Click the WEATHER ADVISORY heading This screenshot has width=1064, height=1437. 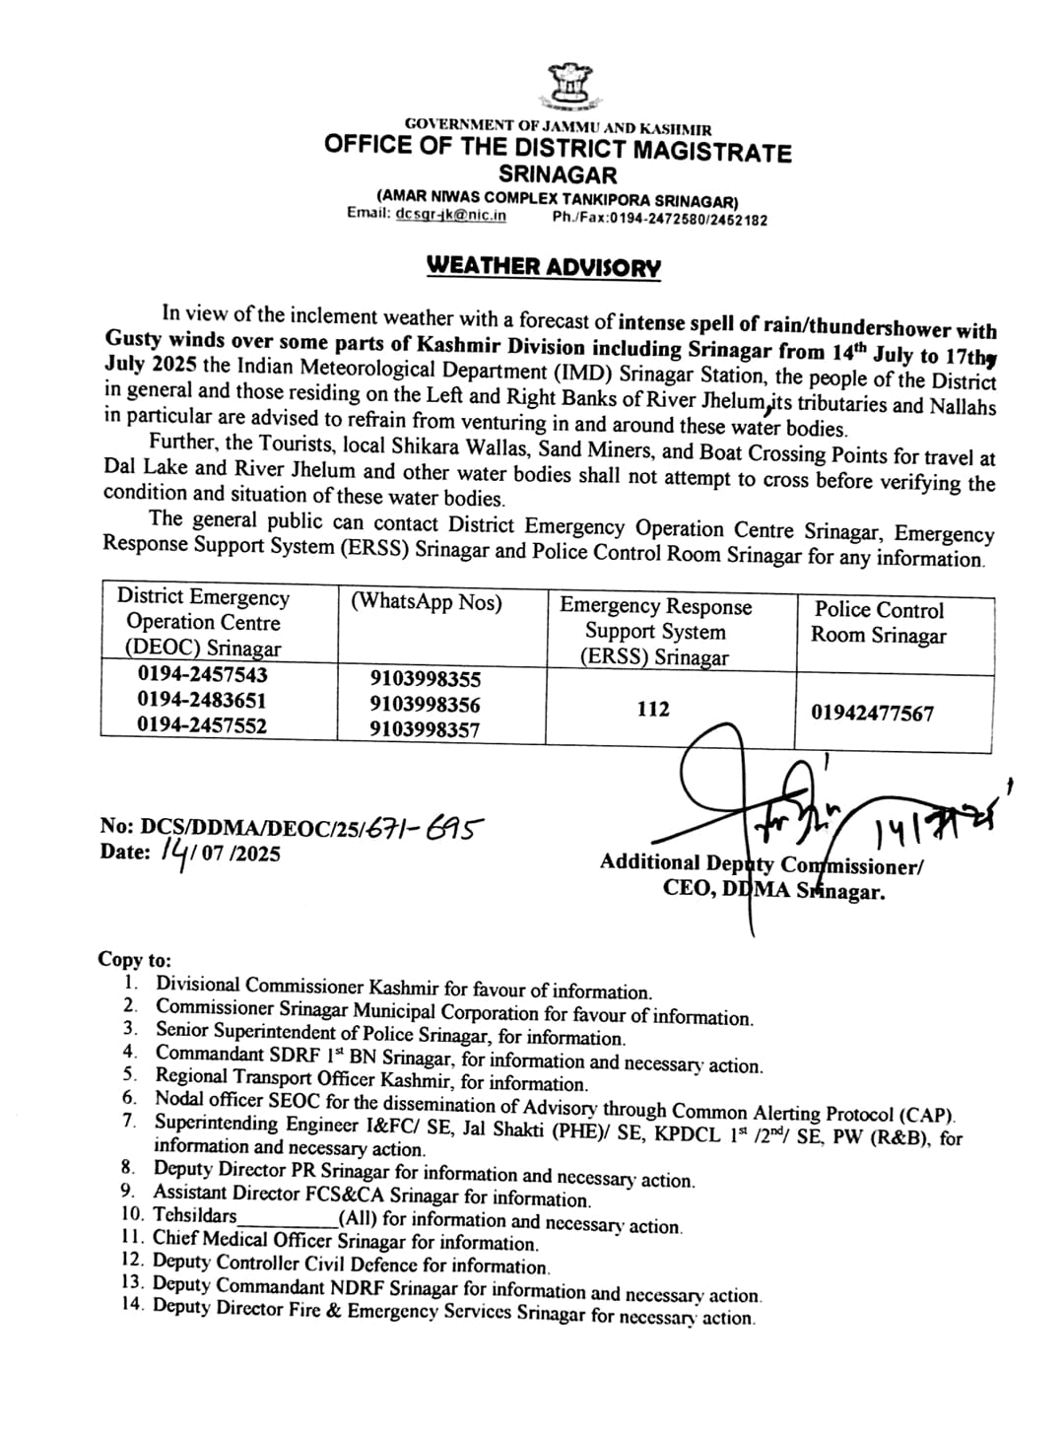tap(543, 267)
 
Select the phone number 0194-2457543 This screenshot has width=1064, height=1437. tap(202, 675)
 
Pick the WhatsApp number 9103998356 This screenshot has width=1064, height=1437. tap(426, 705)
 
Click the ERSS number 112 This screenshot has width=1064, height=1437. tap(653, 709)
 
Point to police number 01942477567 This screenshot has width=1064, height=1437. tap(872, 713)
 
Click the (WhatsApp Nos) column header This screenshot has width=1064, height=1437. tap(426, 602)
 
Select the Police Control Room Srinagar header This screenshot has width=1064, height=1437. tap(879, 623)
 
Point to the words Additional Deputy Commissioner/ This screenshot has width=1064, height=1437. tap(761, 864)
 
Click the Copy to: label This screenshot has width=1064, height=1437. tap(134, 959)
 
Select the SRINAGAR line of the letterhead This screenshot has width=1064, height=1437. tap(558, 175)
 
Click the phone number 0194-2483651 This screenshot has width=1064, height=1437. tap(202, 701)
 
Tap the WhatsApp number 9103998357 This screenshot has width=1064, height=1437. tap(426, 730)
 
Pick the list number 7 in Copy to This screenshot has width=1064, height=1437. tap(129, 1122)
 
